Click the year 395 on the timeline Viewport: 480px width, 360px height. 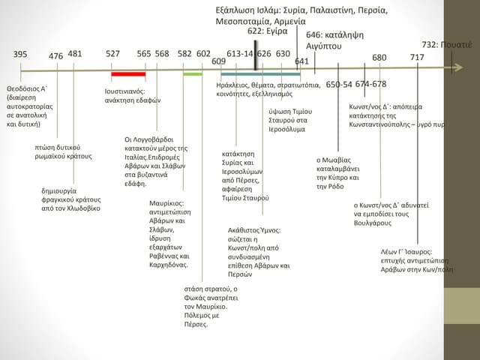point(20,54)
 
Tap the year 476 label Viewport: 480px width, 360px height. point(55,56)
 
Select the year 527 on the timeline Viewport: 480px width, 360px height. point(113,54)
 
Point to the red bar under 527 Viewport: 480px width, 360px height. point(128,74)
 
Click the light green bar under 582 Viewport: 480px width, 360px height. point(193,74)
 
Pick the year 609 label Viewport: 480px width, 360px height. point(219,61)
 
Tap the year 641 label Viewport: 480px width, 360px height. point(302,61)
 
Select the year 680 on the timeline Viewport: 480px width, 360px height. point(379,58)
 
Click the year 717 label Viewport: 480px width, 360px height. point(417,58)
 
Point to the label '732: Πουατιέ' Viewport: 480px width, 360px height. point(447,45)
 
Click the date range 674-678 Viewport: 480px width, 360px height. point(370,84)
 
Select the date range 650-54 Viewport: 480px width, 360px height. point(339,84)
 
